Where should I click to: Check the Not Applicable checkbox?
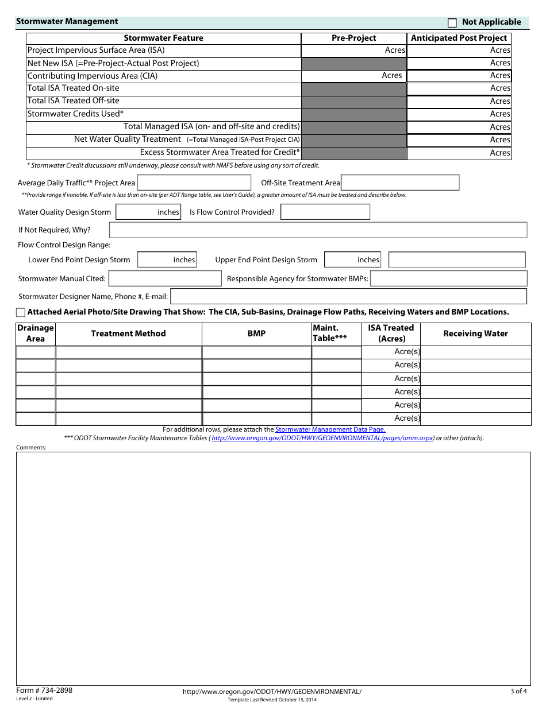(x=452, y=23)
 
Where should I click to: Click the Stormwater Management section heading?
(x=67, y=22)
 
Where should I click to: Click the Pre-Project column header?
(x=353, y=38)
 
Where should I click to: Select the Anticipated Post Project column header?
(x=459, y=38)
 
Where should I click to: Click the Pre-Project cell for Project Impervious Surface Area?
(x=353, y=51)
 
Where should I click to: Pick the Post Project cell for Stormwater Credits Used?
(x=459, y=114)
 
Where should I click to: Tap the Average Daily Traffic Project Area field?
(x=194, y=183)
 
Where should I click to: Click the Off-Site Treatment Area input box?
(x=400, y=183)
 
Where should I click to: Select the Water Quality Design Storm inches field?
(x=148, y=212)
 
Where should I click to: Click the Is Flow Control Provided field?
(x=325, y=212)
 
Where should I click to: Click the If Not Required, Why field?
(x=318, y=230)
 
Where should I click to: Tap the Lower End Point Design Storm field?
(x=167, y=260)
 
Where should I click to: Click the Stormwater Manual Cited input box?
(x=165, y=279)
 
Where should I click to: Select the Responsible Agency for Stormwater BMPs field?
(x=448, y=279)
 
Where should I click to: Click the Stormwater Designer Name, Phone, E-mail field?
(x=348, y=297)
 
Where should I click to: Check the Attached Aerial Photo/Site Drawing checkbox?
(x=21, y=312)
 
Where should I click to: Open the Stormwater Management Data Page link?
(x=330, y=429)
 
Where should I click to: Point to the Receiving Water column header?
(x=475, y=333)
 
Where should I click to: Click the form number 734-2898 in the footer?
(x=44, y=691)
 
